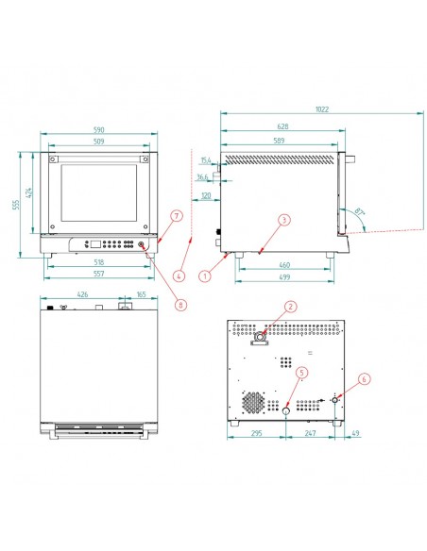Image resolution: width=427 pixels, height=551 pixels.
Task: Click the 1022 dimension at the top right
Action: pyautogui.click(x=321, y=109)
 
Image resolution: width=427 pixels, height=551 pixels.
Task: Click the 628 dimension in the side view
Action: pyautogui.click(x=282, y=125)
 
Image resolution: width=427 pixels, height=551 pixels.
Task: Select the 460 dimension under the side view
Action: pyautogui.click(x=282, y=266)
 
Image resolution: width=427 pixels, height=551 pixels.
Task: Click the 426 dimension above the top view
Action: pyautogui.click(x=82, y=295)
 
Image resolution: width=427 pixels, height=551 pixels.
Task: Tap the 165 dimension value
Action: pyautogui.click(x=140, y=295)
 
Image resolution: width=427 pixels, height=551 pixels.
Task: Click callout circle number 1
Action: pyautogui.click(x=204, y=276)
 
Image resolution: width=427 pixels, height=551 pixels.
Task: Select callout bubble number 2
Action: pyautogui.click(x=290, y=306)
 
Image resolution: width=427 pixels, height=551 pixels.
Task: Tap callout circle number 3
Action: pyautogui.click(x=282, y=219)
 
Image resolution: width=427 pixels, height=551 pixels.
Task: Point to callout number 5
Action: pyautogui.click(x=299, y=373)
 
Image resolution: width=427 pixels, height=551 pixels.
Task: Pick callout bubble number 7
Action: pyautogui.click(x=175, y=216)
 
